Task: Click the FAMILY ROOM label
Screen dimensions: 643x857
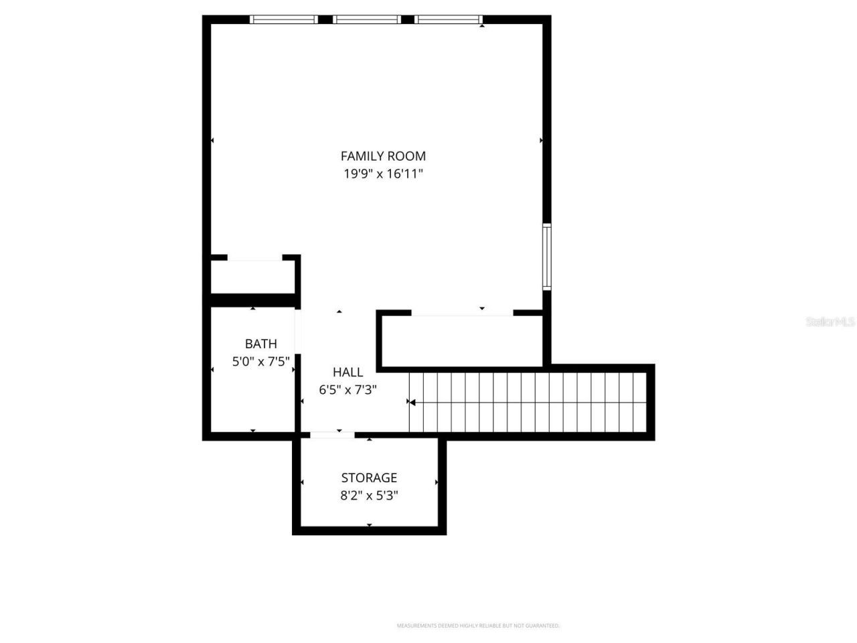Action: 383,156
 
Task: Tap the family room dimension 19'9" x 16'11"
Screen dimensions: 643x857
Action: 383,174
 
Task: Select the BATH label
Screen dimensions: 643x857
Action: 260,344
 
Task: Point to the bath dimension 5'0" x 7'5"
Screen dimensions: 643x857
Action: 260,362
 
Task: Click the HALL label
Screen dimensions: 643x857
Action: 347,372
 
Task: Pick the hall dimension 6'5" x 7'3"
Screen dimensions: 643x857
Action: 347,390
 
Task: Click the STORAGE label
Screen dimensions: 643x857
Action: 369,478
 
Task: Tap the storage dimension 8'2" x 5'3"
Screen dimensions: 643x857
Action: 369,496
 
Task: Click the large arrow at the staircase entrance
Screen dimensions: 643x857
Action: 412,403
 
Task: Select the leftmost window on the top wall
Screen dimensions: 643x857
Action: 284,19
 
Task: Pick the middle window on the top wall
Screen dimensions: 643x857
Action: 366,19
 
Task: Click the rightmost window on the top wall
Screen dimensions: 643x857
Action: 448,19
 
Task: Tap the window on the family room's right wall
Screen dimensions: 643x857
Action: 546,257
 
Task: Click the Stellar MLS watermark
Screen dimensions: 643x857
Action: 830,322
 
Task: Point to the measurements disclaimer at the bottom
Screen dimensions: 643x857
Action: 478,626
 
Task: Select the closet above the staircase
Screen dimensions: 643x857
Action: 462,342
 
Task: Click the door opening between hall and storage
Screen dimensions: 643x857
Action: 332,435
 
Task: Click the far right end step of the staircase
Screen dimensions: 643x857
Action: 639,403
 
